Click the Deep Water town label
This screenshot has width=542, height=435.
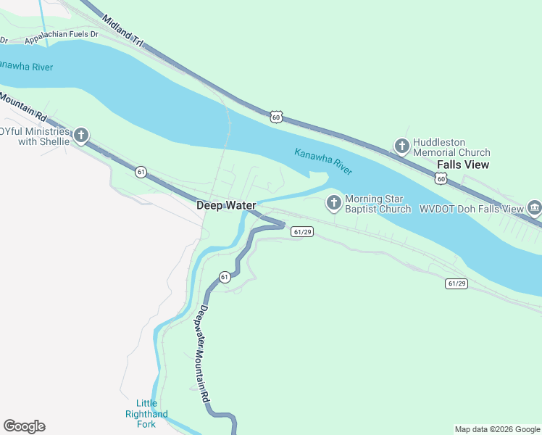click(x=226, y=205)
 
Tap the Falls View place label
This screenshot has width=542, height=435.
click(x=463, y=165)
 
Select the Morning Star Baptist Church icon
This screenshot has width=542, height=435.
click(x=334, y=202)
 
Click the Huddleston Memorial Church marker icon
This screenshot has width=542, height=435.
click(x=401, y=146)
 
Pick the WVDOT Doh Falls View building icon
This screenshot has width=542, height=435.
click(x=535, y=208)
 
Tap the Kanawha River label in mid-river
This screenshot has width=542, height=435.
click(x=323, y=161)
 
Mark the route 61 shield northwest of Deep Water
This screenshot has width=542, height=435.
click(x=141, y=171)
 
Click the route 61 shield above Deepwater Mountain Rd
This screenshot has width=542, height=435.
click(x=225, y=277)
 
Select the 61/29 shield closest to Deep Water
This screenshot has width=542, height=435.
click(x=302, y=231)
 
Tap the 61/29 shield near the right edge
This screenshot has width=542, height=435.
click(x=456, y=283)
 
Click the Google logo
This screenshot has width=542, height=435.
click(x=24, y=426)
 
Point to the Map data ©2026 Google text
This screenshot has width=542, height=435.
click(x=498, y=429)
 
